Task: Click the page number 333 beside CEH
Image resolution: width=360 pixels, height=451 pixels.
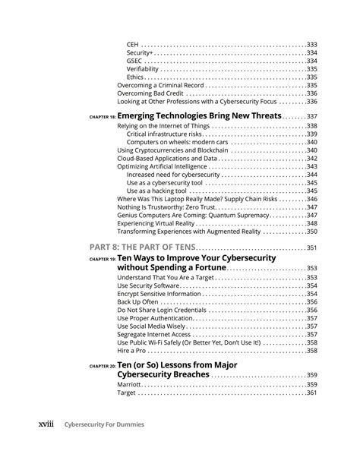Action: [311, 45]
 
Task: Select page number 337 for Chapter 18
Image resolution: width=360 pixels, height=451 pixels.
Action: [311, 117]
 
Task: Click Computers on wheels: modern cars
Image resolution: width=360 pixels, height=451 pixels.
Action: [178, 142]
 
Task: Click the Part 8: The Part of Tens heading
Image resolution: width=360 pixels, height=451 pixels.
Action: [141, 248]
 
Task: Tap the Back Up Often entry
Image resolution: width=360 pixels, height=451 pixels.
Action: [139, 301]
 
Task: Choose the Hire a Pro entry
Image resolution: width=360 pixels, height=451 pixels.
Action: [134, 351]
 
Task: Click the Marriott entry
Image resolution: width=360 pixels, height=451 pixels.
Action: [129, 385]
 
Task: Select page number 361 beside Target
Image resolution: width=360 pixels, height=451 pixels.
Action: [311, 393]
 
